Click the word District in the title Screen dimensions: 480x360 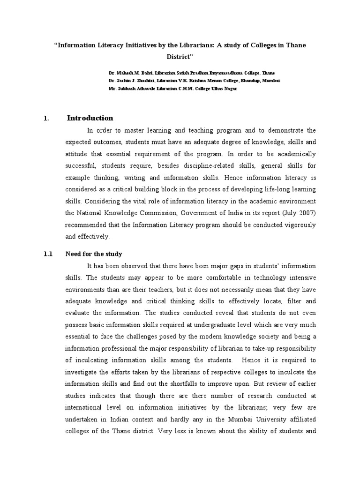pos(180,57)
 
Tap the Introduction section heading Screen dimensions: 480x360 pos(90,118)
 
